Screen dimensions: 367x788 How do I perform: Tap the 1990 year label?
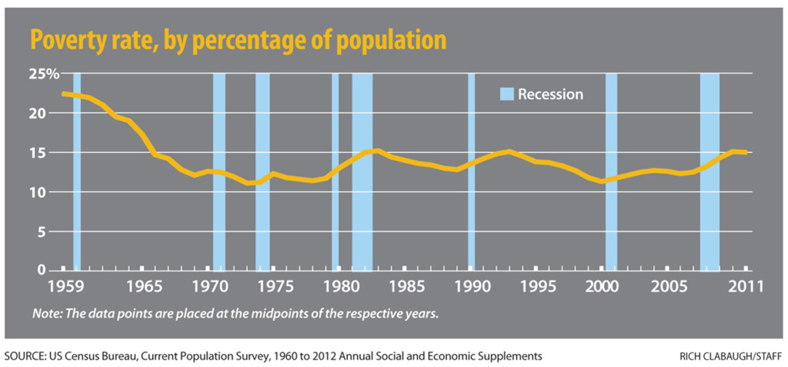[x=471, y=287]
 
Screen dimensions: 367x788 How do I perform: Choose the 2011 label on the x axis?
[x=747, y=287]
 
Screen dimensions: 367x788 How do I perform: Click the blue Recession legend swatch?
[x=506, y=94]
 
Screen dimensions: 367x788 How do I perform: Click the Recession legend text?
[x=550, y=94]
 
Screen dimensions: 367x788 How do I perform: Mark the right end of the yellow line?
[x=746, y=152]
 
